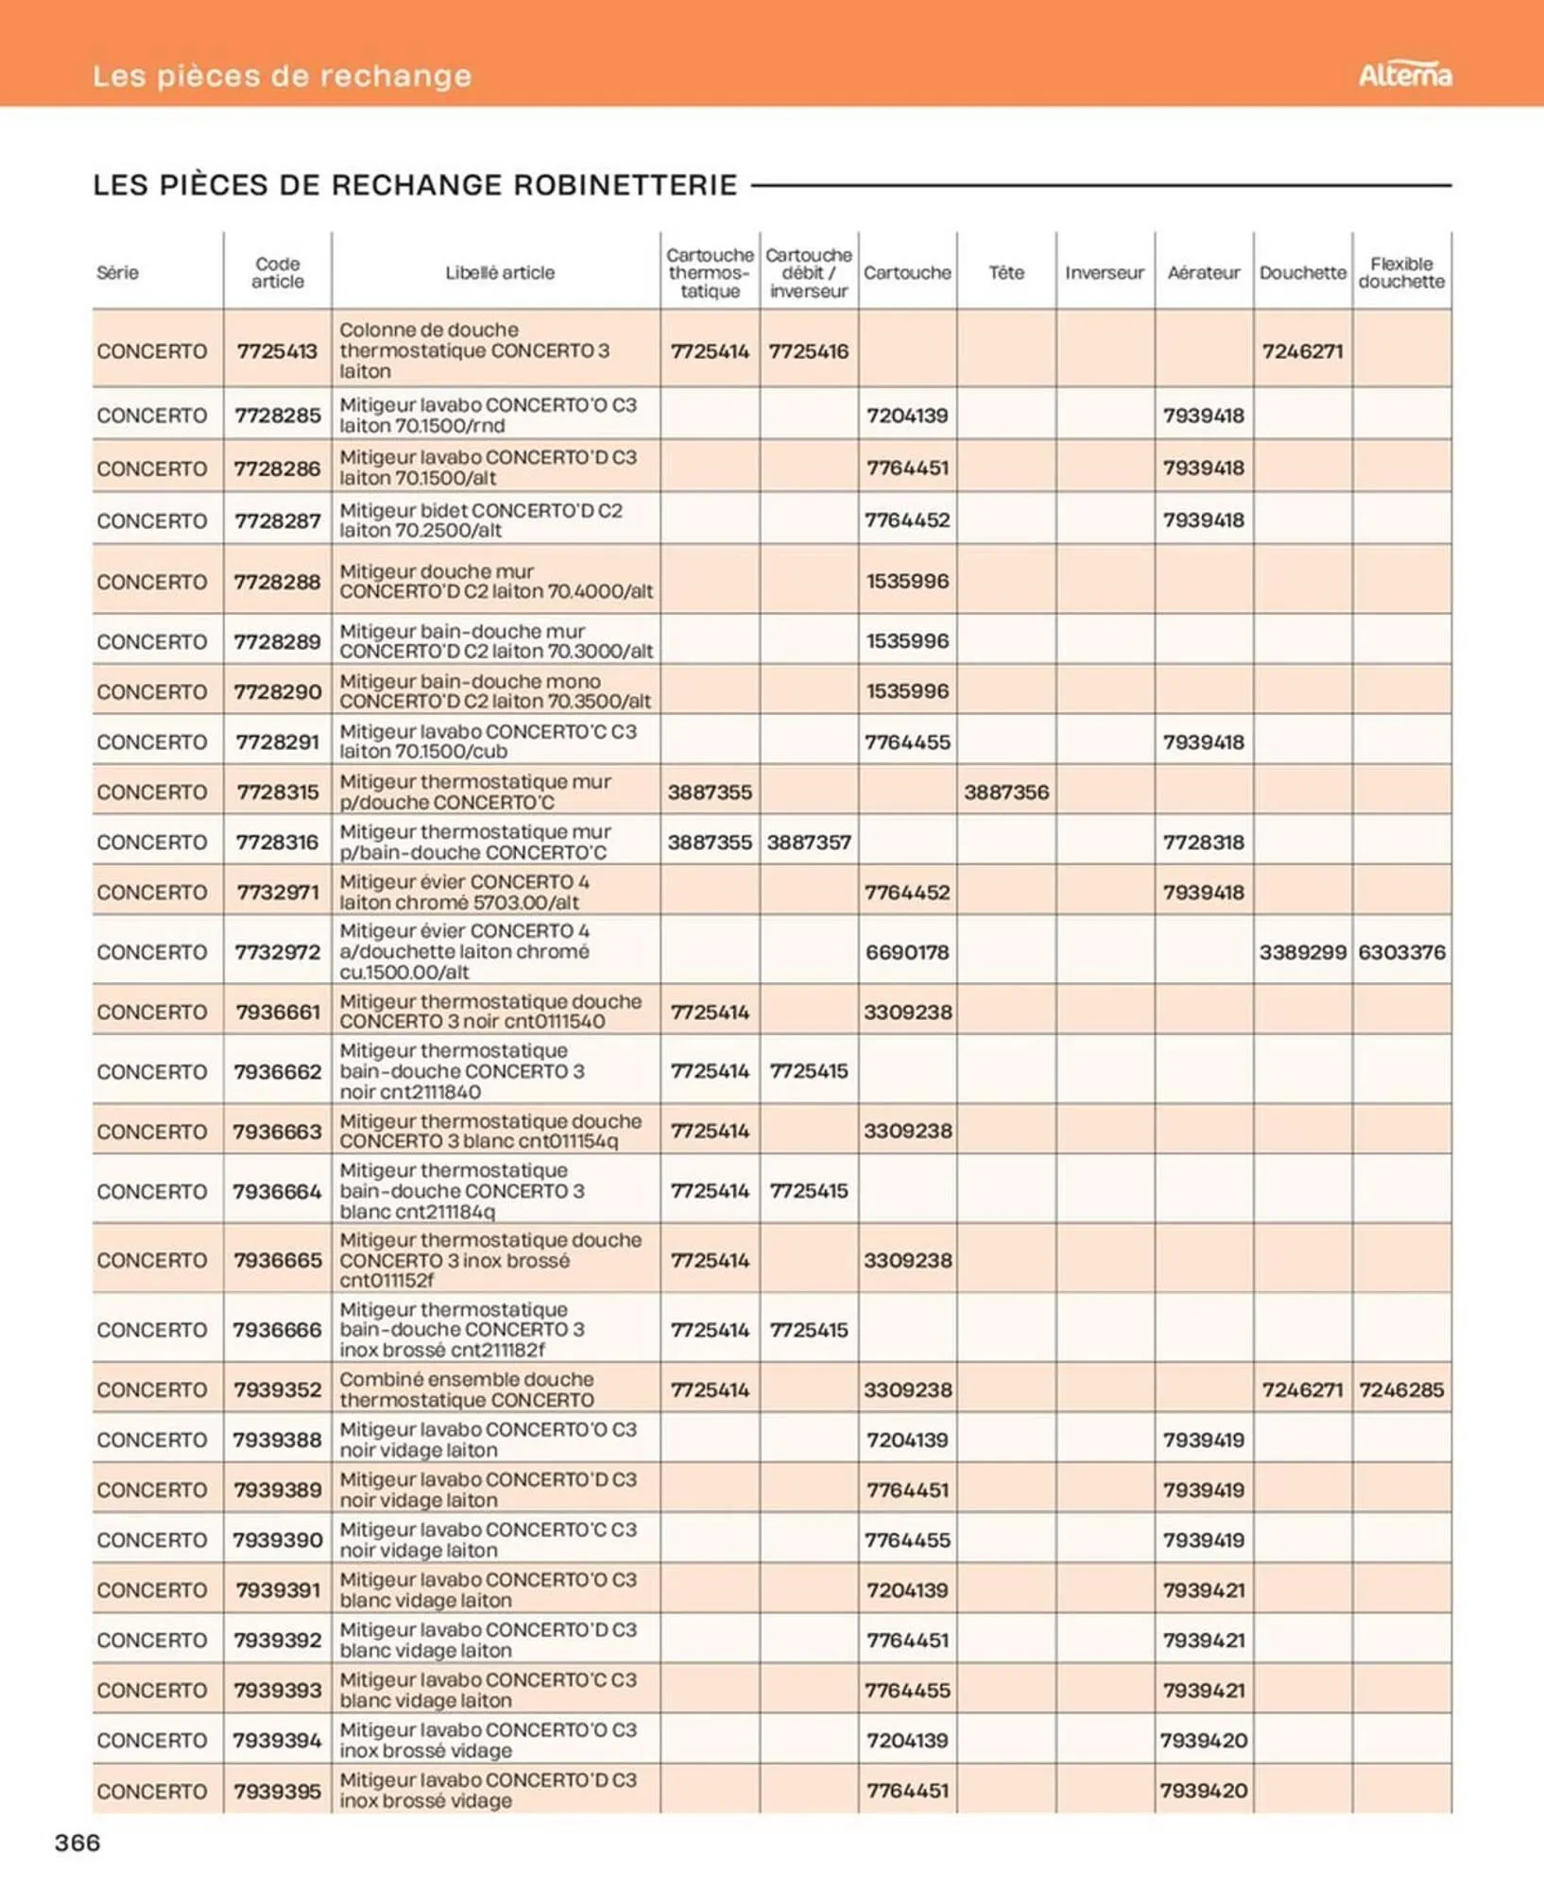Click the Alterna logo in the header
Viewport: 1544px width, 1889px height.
pyautogui.click(x=1404, y=75)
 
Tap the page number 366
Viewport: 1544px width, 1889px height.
pyautogui.click(x=77, y=1842)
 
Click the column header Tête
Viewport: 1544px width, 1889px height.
pyautogui.click(x=1006, y=273)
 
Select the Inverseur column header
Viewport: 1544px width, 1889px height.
pyautogui.click(x=1104, y=273)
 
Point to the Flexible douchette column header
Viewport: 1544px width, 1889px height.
pyautogui.click(x=1401, y=273)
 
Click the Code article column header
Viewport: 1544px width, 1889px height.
pyautogui.click(x=277, y=273)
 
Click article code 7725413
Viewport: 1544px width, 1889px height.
pyautogui.click(x=277, y=351)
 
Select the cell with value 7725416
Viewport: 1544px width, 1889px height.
pyautogui.click(x=808, y=351)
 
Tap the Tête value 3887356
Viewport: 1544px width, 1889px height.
pyautogui.click(x=1006, y=792)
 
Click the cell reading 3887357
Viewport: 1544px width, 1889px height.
pyautogui.click(x=808, y=842)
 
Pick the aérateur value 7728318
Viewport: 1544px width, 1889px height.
pyautogui.click(x=1203, y=842)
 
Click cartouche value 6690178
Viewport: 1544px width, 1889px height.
pyautogui.click(x=907, y=952)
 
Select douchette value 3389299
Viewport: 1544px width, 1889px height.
pyautogui.click(x=1302, y=952)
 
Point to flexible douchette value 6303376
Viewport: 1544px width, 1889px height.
pyautogui.click(x=1401, y=952)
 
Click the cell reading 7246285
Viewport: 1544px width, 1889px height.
pyautogui.click(x=1401, y=1390)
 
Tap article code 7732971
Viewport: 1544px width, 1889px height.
pyautogui.click(x=277, y=893)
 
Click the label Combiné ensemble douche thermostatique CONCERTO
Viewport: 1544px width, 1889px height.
pyautogui.click(x=467, y=1389)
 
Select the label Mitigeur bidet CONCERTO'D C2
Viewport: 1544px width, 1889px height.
pyautogui.click(x=481, y=520)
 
